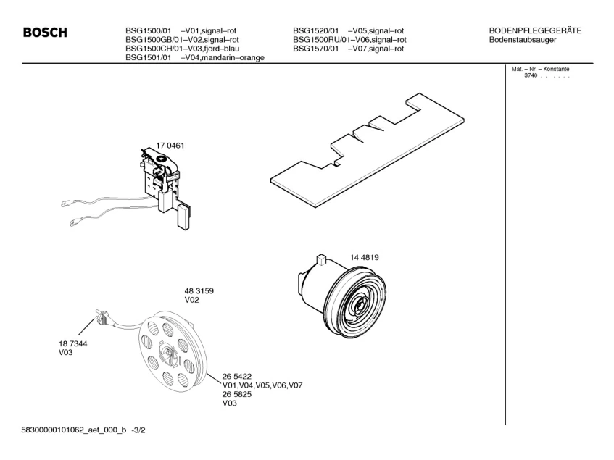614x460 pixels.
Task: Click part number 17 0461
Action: [171, 145]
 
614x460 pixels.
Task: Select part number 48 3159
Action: [199, 290]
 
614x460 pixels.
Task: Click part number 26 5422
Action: [237, 376]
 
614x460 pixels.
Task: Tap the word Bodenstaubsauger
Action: [523, 39]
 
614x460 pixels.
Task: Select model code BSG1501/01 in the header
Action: [148, 58]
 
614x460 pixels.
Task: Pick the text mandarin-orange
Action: [233, 58]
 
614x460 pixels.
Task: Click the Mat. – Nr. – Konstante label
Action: [540, 69]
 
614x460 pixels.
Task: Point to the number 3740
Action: [529, 76]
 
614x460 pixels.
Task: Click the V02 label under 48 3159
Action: [191, 300]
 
